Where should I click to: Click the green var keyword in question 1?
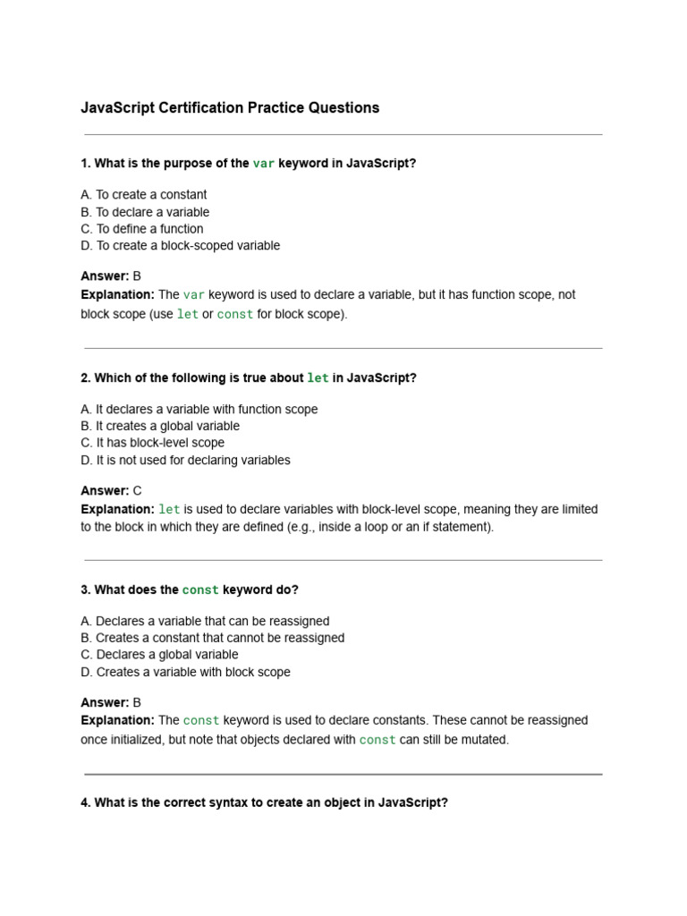[x=264, y=164]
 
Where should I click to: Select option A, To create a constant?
[x=143, y=195]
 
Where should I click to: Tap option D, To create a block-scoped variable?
[x=180, y=246]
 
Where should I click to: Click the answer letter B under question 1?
[x=137, y=276]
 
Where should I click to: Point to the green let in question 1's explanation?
[x=188, y=315]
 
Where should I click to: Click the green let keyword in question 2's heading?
[x=318, y=378]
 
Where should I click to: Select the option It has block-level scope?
[x=152, y=443]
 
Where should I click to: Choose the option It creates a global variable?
[x=160, y=427]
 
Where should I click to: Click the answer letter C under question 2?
[x=137, y=491]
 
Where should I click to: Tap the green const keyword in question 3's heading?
[x=200, y=590]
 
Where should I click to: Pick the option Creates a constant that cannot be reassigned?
[x=212, y=639]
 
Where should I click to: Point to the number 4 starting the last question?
[x=84, y=803]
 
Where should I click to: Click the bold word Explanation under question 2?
[x=117, y=510]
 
